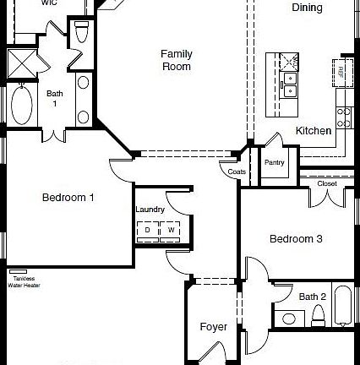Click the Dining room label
[x=307, y=8]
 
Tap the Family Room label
[x=177, y=60]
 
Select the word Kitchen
[x=313, y=131]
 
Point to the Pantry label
[x=274, y=162]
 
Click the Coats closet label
[x=237, y=172]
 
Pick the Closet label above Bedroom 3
[x=327, y=183]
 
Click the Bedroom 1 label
[x=68, y=198]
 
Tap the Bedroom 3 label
[x=296, y=239]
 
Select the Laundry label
[x=150, y=210]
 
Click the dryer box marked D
[x=147, y=230]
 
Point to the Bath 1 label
[x=55, y=98]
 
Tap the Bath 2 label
[x=312, y=297]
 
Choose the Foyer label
[x=213, y=327]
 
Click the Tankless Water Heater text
[x=24, y=281]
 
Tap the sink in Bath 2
[x=289, y=319]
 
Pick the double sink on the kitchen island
[x=290, y=84]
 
